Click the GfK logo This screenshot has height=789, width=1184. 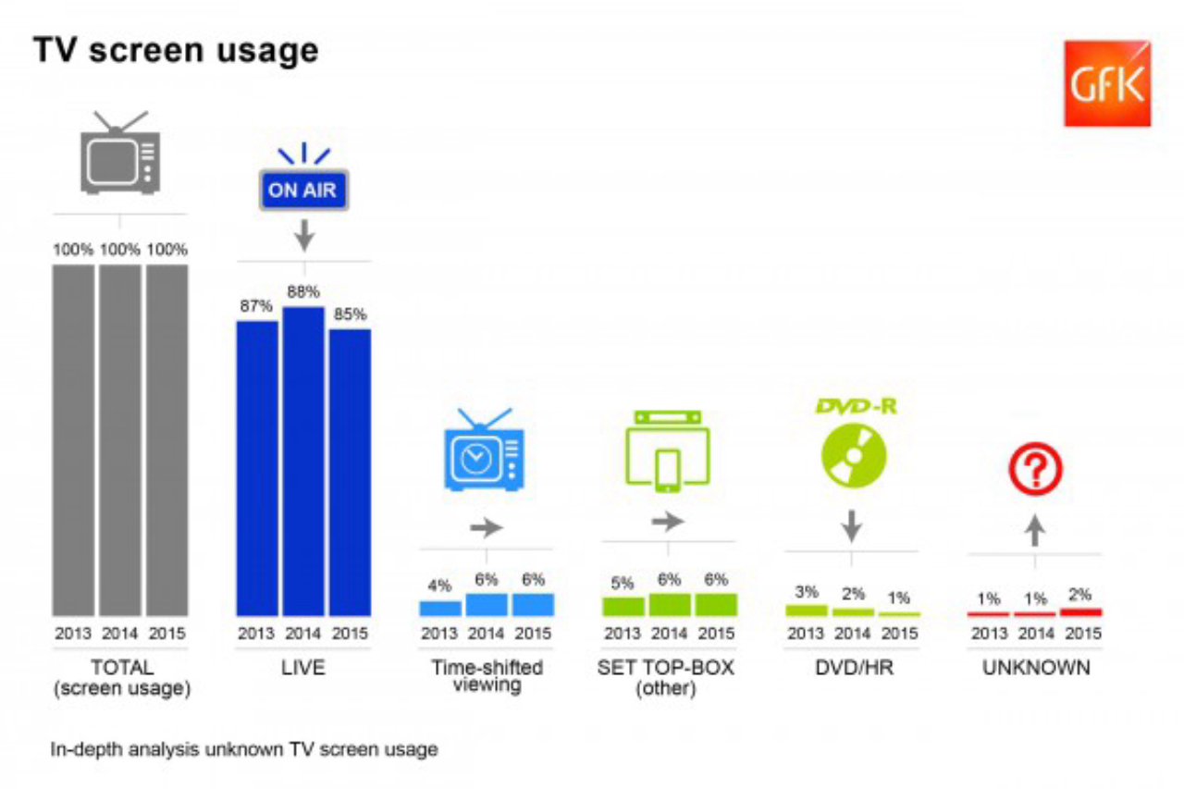1106,83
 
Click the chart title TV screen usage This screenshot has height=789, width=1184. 176,52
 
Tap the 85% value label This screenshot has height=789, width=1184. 350,314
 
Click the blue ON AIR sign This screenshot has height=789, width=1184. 304,191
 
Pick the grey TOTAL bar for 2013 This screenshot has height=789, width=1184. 73,439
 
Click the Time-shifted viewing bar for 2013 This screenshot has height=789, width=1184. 440,608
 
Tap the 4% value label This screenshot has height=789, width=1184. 439,586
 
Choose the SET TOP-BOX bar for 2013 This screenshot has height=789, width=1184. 623,606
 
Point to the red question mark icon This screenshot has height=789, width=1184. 1035,471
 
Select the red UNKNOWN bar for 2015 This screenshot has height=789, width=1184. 1080,611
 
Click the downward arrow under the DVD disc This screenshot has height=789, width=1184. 852,527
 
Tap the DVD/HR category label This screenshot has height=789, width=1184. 852,667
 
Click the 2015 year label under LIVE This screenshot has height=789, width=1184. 350,635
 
